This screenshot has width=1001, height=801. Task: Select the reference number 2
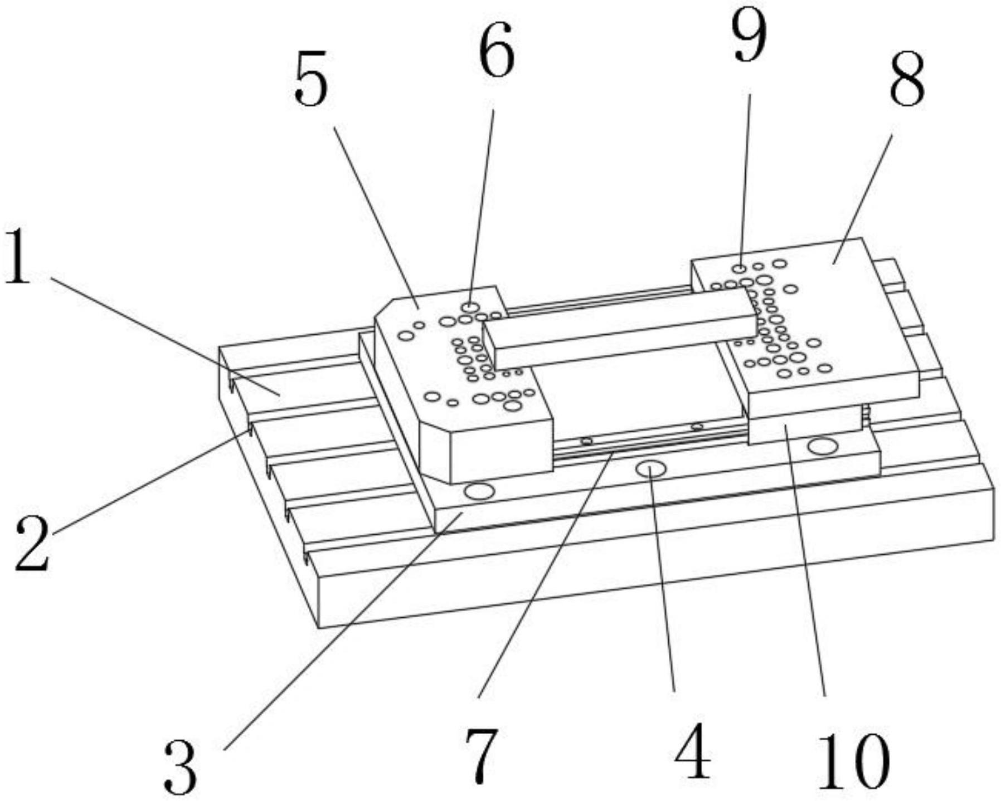(32, 544)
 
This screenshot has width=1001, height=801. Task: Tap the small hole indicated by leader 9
(739, 269)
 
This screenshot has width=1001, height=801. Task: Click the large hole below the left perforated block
(479, 492)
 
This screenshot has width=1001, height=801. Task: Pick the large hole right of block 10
(823, 446)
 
